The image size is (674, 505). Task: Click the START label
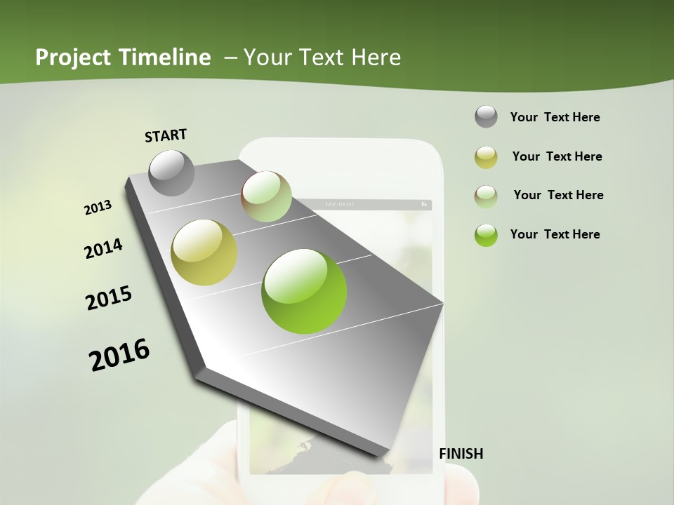[x=166, y=135]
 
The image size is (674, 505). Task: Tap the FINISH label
[x=461, y=454]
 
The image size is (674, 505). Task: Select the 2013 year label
[x=98, y=208]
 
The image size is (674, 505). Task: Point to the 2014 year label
[x=103, y=249]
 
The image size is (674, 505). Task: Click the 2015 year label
[x=109, y=298]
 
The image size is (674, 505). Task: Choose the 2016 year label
[x=119, y=354]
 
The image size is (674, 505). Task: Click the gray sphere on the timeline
[x=171, y=173]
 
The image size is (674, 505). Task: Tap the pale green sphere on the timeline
[x=266, y=196]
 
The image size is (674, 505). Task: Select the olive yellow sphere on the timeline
[x=204, y=252]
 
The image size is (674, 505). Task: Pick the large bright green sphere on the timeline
[x=304, y=291]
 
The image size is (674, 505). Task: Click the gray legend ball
[x=486, y=117]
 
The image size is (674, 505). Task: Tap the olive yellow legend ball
[x=486, y=157]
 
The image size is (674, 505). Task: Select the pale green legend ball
[x=486, y=196]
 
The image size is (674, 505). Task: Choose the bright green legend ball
[x=486, y=235]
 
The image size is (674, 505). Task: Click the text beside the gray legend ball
[x=555, y=117]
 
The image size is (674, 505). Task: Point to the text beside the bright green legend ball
[x=555, y=234]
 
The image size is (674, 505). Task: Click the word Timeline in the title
[x=164, y=58]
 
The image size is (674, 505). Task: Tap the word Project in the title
[x=72, y=58]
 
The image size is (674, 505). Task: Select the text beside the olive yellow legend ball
[x=557, y=156]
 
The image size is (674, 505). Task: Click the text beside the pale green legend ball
[x=558, y=195]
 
